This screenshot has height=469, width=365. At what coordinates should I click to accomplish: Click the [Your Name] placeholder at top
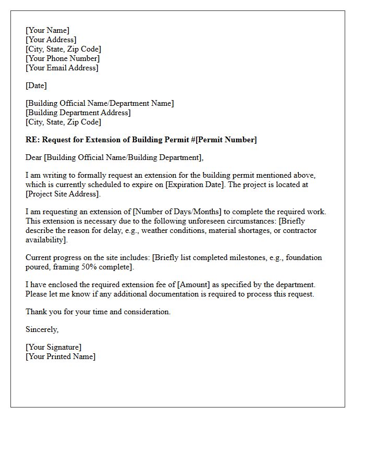47,30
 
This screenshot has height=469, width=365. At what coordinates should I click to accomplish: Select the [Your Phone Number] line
63,58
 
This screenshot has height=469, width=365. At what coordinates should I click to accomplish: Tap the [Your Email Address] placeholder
62,68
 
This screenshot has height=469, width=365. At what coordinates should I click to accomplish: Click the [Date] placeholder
36,85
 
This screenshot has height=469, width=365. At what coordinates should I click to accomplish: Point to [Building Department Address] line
78,113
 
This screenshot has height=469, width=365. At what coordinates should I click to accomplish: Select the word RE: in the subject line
32,140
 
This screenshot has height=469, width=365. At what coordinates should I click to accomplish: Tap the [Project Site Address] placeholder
63,194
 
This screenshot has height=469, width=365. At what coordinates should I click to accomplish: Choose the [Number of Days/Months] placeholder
177,212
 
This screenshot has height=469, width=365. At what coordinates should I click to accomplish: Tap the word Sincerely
42,329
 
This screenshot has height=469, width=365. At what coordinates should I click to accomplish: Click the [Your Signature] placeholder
53,347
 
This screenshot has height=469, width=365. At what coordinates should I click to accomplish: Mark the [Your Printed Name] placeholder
60,356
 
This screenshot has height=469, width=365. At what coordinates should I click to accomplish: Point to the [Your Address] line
51,40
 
